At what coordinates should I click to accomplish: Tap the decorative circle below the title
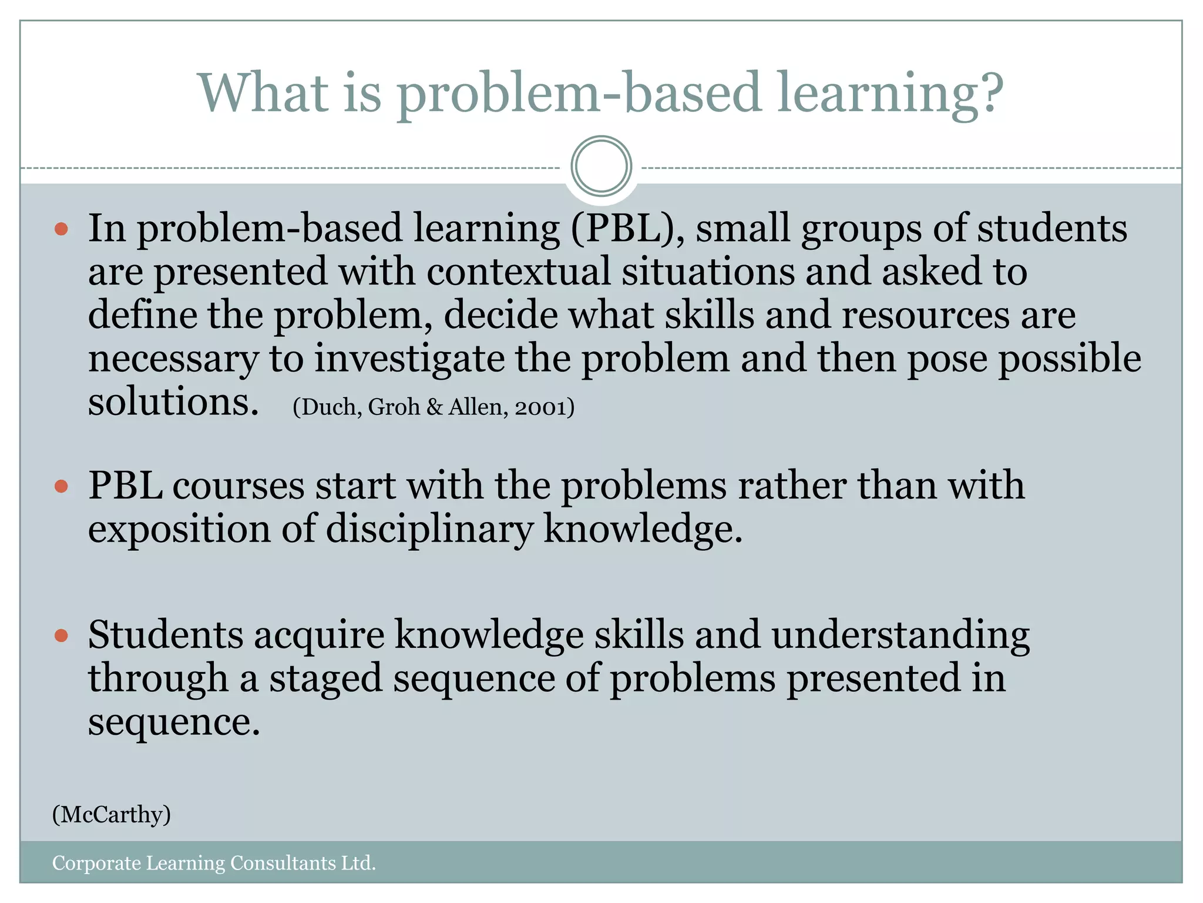tap(601, 166)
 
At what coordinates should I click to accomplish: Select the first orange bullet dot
tap(61, 229)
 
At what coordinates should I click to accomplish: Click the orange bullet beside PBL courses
tap(61, 486)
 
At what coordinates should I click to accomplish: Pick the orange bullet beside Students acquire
tap(61, 636)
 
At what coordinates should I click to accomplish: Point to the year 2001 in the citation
tap(540, 407)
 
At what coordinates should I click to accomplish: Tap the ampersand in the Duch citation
tap(434, 407)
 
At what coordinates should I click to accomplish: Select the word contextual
tap(518, 272)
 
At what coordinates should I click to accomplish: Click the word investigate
tap(409, 359)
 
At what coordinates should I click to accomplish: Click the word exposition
tap(179, 530)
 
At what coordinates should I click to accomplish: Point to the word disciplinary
tap(429, 530)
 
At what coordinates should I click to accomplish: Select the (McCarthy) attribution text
tap(112, 815)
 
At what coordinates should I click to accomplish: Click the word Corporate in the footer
tap(96, 863)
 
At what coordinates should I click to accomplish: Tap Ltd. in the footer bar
tap(358, 863)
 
